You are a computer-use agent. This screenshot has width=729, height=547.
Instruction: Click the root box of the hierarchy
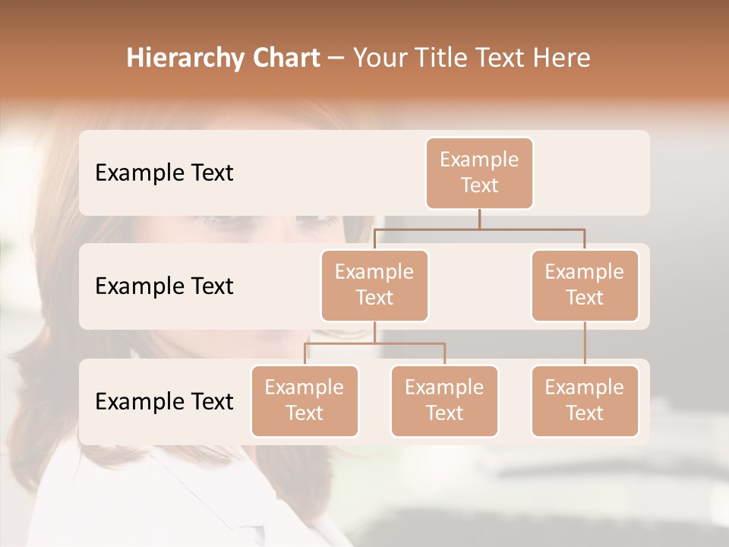coord(479,173)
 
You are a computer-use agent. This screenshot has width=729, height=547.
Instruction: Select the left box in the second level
coord(374,286)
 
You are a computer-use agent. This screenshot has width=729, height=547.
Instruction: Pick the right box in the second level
coord(585,286)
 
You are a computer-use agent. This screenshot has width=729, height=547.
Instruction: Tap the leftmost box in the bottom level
coord(305,401)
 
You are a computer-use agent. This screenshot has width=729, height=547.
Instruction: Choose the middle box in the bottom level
coord(444,401)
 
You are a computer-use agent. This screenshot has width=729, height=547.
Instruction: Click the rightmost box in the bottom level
coord(585,401)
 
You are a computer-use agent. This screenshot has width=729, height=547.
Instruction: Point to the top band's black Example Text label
coord(164,173)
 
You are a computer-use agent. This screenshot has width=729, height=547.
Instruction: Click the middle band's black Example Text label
coord(164,286)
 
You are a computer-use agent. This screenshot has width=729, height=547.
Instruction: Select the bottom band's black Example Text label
coord(164,401)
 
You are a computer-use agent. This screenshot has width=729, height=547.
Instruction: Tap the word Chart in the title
coord(284,58)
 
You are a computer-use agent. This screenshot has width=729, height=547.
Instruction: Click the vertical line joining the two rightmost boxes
coord(585,343)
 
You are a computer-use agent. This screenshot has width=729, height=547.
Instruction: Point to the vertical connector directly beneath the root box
coord(479,219)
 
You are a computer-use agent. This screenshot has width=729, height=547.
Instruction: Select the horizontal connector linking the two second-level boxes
coord(479,229)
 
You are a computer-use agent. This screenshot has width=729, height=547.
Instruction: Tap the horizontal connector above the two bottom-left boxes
coord(374,343)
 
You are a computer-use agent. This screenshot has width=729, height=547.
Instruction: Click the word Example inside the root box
coord(479,160)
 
